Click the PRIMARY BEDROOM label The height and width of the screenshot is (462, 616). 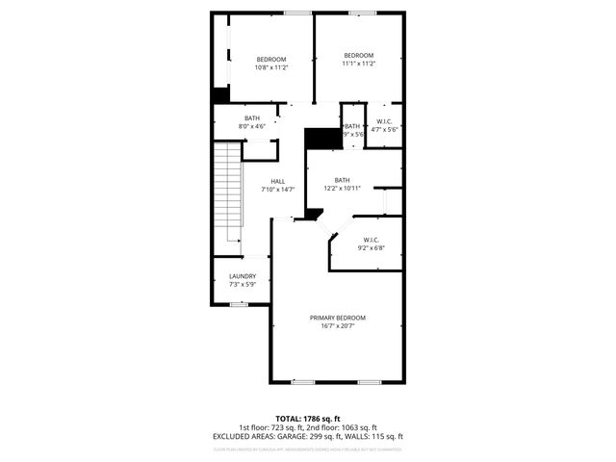point(337,318)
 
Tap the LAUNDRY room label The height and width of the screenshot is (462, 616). point(243,276)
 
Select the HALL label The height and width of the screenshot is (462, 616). point(277,181)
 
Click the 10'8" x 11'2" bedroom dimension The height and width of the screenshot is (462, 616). point(271,67)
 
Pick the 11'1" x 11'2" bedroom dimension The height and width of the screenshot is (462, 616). point(359,64)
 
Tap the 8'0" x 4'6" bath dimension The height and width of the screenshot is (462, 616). point(252,126)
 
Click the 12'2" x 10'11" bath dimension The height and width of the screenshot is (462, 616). point(343,189)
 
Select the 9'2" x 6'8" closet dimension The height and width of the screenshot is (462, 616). point(372,247)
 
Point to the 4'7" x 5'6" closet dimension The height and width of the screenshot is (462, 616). point(385,129)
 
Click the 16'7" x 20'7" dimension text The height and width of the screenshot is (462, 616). point(337,325)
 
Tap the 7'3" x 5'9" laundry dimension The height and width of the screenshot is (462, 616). point(243,284)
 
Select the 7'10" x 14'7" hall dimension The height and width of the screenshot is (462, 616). point(277,190)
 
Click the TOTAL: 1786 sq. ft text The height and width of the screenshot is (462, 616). point(307,419)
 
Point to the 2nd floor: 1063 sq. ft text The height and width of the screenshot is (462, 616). point(342,427)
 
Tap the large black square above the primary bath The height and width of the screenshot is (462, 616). point(322,138)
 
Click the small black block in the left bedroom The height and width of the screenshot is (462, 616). point(221,95)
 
